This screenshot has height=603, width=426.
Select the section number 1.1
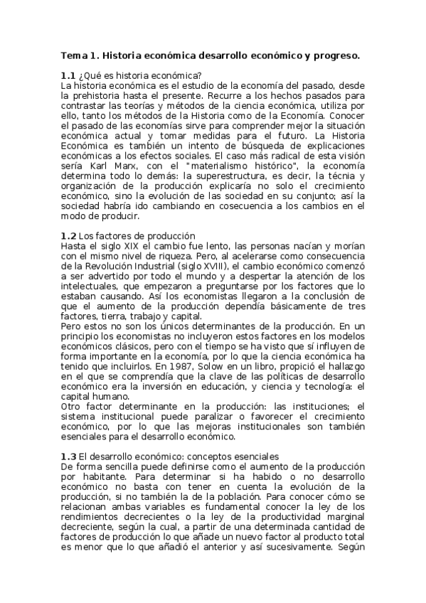(x=68, y=75)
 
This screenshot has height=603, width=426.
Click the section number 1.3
(x=68, y=455)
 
